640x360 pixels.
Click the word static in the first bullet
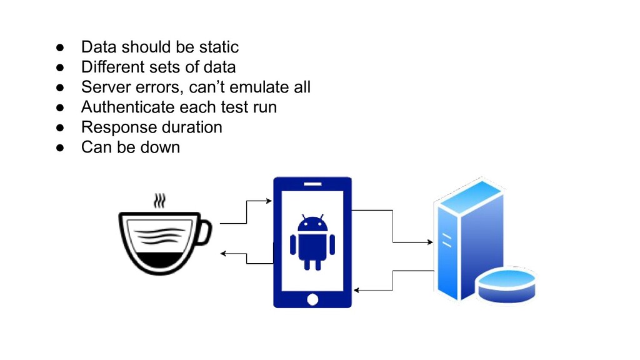click(221, 47)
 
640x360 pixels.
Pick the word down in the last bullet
click(161, 147)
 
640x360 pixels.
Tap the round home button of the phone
click(312, 299)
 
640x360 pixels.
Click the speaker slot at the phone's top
click(312, 184)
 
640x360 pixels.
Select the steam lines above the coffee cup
click(161, 201)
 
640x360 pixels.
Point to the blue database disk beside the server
click(506, 284)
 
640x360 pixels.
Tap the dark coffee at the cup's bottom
click(161, 259)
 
